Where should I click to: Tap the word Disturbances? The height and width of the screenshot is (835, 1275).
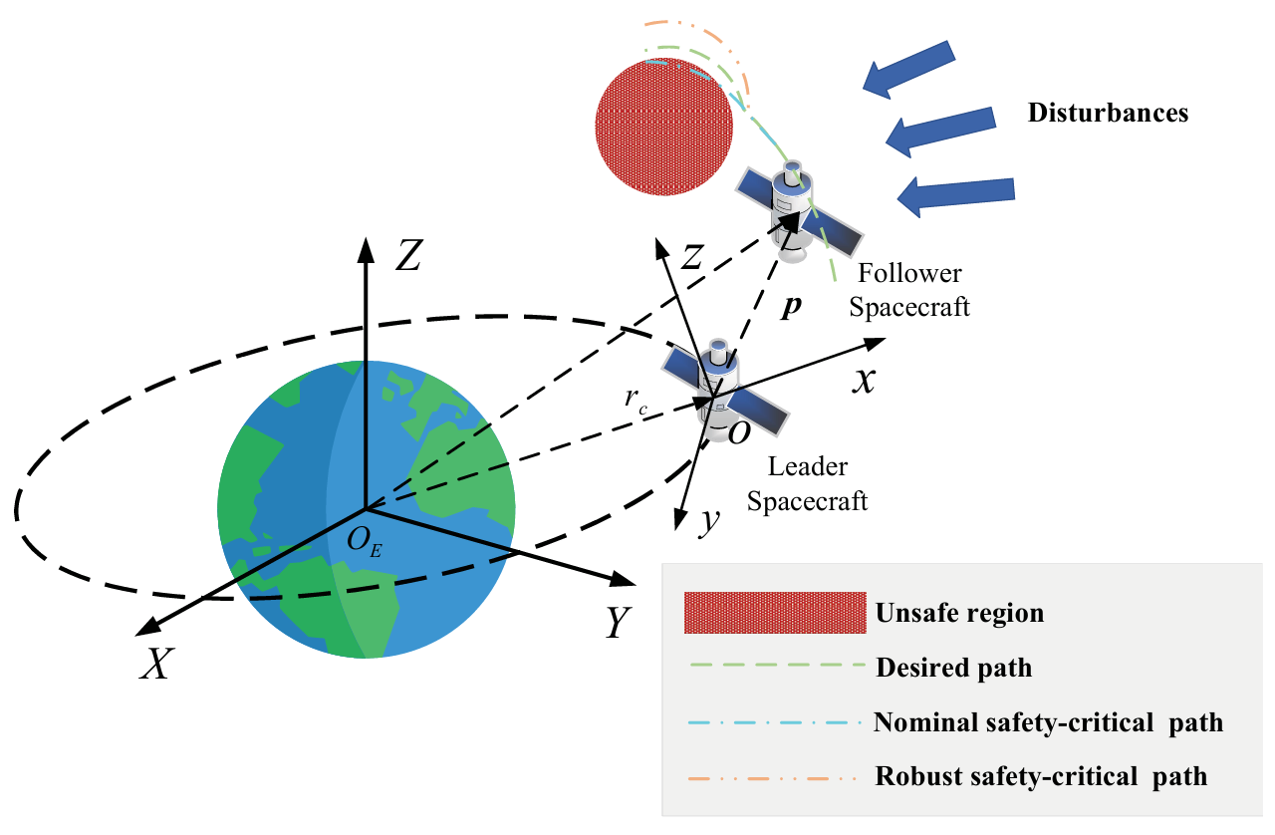tap(1108, 113)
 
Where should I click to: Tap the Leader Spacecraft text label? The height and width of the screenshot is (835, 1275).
tap(807, 483)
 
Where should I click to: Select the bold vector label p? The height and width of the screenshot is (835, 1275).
tap(790, 307)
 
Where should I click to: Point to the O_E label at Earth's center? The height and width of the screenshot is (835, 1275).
tap(364, 542)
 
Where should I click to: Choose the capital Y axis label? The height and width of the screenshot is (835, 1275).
tap(619, 624)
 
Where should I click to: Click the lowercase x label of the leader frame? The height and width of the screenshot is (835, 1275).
tap(863, 379)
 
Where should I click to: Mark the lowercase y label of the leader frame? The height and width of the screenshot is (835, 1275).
tap(708, 521)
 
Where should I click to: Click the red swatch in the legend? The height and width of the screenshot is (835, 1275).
tap(774, 613)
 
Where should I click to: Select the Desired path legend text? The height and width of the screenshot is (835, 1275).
tap(953, 668)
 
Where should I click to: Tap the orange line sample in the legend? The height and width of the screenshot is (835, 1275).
tap(774, 775)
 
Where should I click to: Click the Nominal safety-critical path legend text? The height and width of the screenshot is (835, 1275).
tap(1048, 722)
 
